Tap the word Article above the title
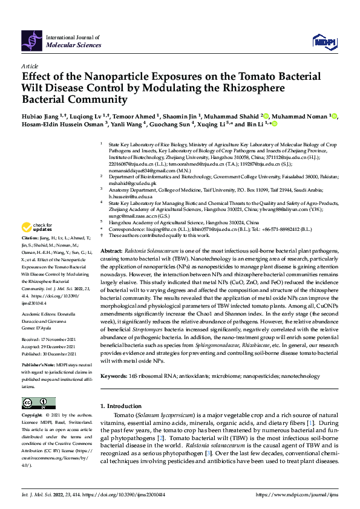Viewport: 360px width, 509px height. pyautogui.click(x=29, y=66)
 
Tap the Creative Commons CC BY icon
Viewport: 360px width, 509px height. pyautogui.click(x=38, y=403)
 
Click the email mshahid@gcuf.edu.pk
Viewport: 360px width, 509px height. pyautogui.click(x=133, y=183)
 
